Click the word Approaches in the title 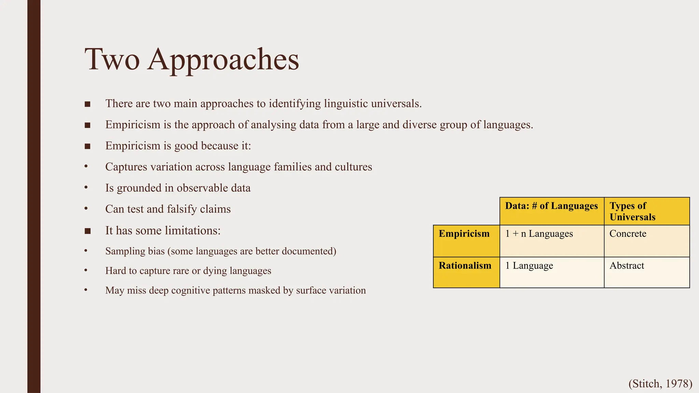point(223,60)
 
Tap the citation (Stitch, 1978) point(660,384)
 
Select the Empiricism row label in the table point(464,234)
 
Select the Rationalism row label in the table point(465,265)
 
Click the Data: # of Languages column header point(551,206)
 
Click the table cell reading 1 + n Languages point(539,234)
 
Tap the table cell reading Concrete point(628,234)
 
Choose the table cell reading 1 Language point(529,265)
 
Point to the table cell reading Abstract point(627,265)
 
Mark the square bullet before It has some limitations point(87,231)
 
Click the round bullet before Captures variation point(86,166)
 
